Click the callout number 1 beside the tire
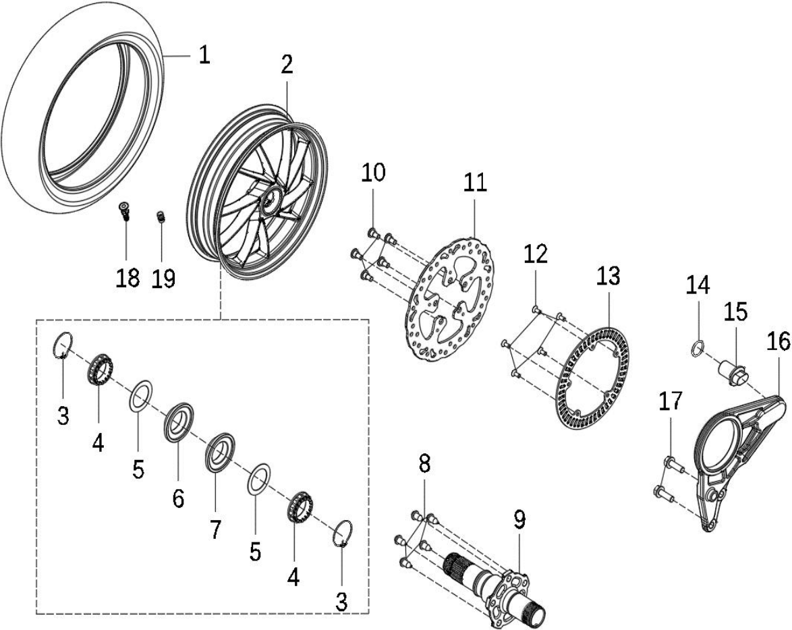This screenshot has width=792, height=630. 204,55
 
